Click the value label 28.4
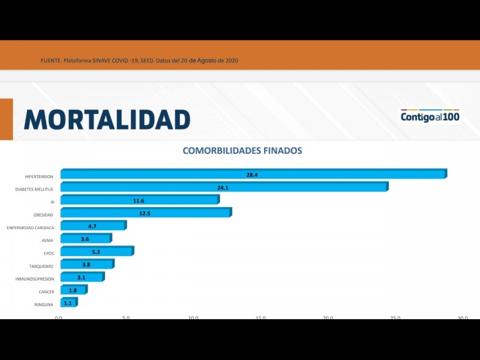[252, 175]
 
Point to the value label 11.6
[139, 200]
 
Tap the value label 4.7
[92, 226]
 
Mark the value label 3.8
[86, 265]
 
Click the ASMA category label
[47, 241]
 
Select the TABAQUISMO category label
[41, 266]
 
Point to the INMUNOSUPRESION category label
[34, 279]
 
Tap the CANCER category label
[46, 292]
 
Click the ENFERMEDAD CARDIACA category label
[30, 228]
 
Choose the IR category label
[52, 202]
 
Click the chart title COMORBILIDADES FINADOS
[242, 151]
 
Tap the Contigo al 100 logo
[430, 116]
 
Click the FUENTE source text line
[140, 61]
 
